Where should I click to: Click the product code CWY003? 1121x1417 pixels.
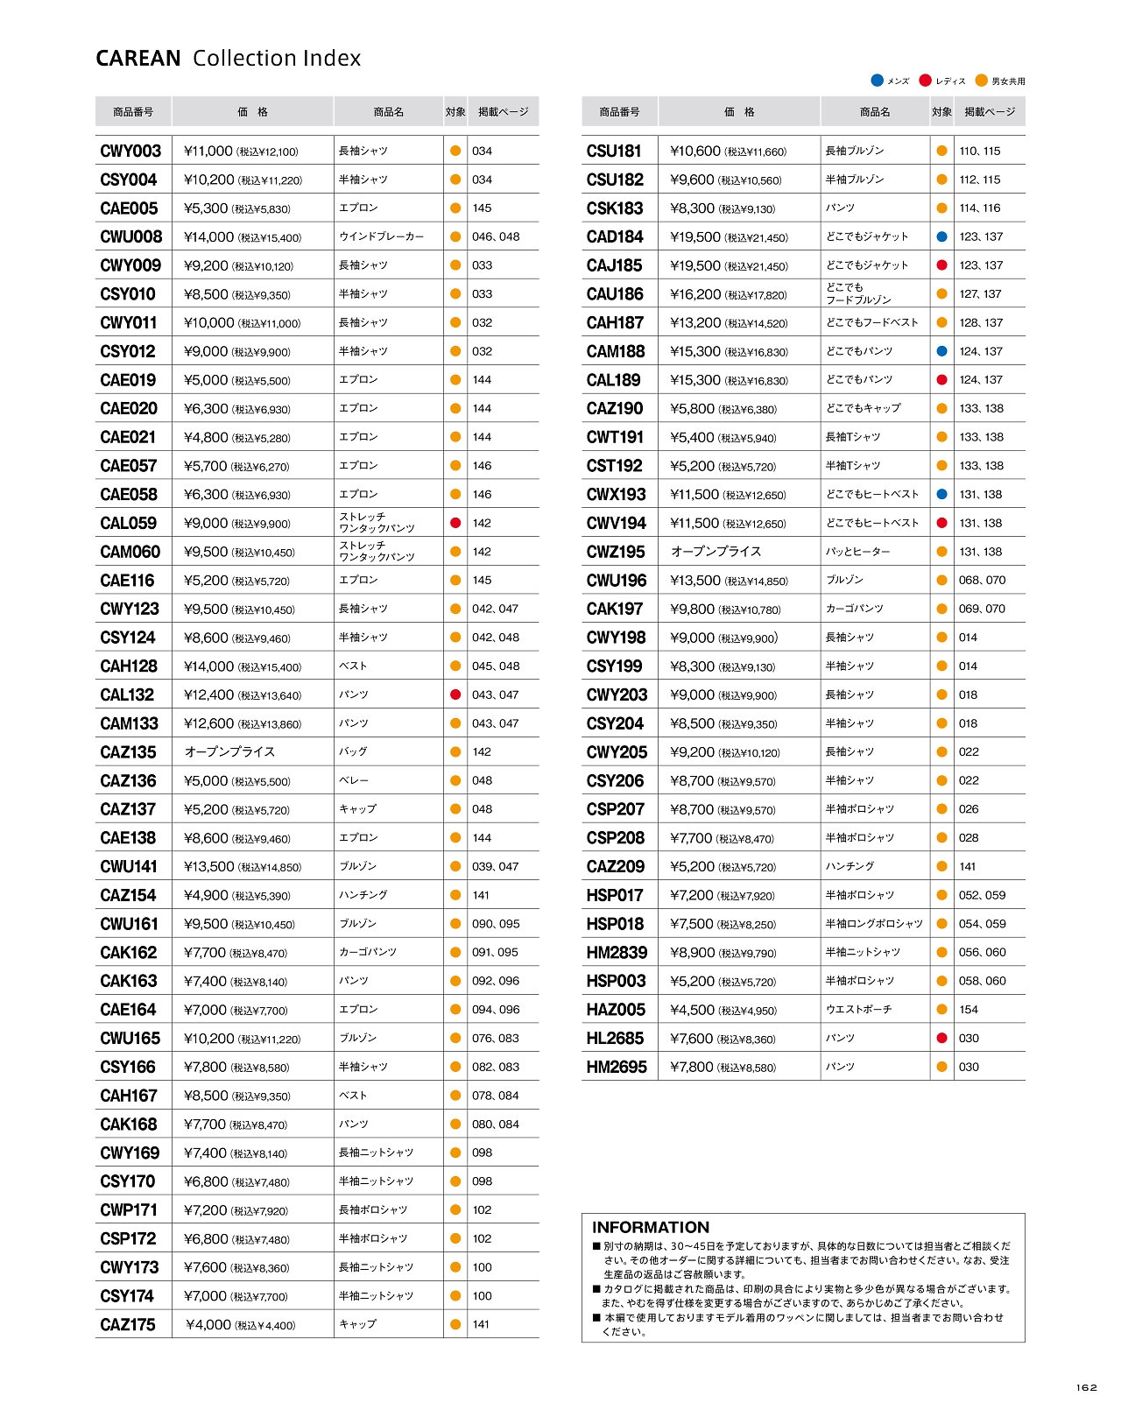pos(130,152)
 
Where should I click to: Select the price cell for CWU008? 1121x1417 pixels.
pos(242,237)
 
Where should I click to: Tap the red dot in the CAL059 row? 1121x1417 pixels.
pos(455,523)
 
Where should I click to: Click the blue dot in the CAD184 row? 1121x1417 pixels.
pos(941,237)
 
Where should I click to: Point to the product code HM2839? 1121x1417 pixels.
pos(617,953)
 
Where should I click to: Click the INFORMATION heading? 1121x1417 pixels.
pos(651,1228)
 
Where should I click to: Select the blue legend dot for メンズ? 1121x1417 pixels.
pos(877,81)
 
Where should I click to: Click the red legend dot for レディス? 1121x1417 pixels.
pos(925,81)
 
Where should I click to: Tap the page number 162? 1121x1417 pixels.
pos(1086,1387)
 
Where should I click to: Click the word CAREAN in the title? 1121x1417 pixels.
pos(137,59)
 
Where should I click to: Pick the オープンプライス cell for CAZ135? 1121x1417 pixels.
pos(229,752)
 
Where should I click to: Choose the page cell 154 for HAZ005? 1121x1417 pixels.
pos(969,1010)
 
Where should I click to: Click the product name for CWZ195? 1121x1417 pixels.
pos(857,552)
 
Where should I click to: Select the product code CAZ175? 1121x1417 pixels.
pos(128,1325)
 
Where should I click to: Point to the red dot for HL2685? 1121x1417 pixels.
pos(941,1039)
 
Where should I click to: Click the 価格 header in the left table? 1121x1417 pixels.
pos(252,112)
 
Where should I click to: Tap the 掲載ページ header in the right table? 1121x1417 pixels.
pos(990,112)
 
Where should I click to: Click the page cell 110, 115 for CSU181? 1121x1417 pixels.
pos(979,152)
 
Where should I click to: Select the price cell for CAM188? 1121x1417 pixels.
pos(729,352)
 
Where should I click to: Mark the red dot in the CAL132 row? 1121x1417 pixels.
pos(455,695)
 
